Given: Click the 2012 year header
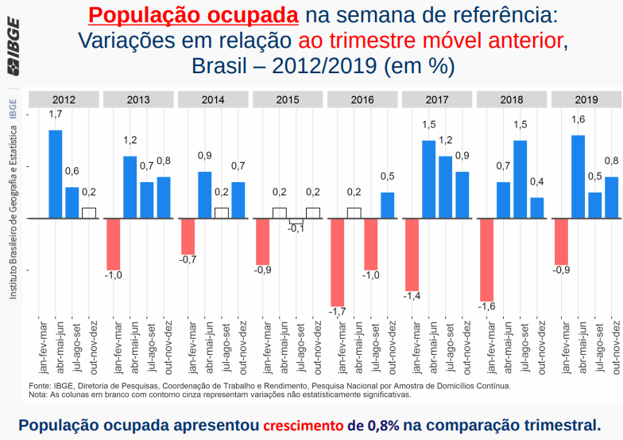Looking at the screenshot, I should (64, 99).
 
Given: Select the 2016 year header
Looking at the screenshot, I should (362, 99).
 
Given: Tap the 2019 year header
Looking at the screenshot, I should (586, 99).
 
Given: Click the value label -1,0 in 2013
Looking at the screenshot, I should (114, 275).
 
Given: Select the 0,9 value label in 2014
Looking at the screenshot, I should (204, 155).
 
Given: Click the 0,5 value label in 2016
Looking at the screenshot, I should (387, 176).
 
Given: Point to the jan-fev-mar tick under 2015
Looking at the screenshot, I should (262, 347).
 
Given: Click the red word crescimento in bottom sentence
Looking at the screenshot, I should (304, 424).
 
